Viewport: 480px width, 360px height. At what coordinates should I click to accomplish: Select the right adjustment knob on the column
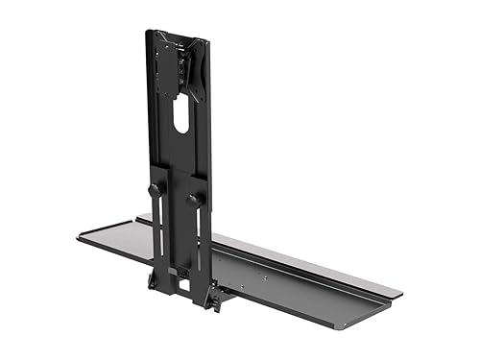[196, 199]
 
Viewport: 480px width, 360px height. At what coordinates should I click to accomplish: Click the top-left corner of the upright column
[148, 32]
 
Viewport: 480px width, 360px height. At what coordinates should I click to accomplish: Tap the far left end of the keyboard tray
[81, 234]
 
